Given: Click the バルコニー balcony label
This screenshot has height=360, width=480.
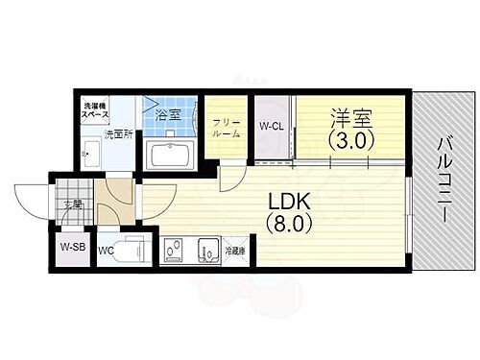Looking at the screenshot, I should click(x=444, y=180).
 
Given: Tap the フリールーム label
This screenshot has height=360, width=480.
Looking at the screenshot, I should click(x=227, y=127).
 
